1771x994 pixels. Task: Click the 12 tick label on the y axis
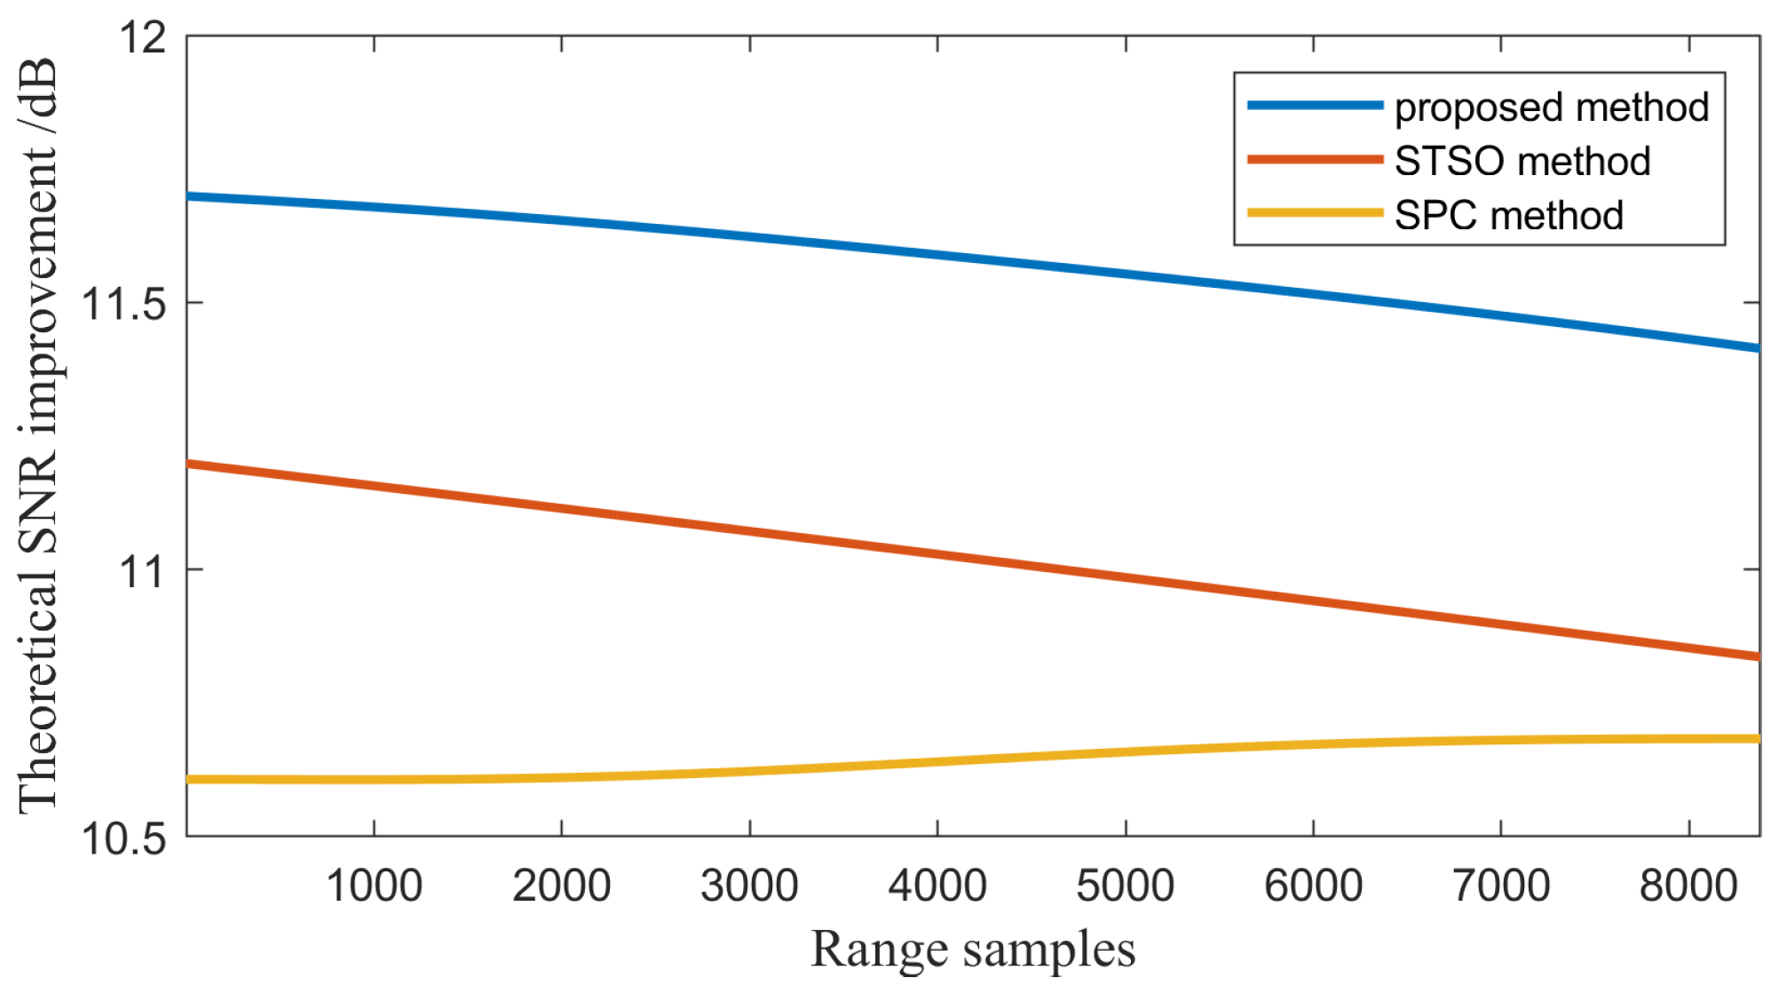tap(142, 38)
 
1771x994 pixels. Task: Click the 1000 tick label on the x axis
tap(374, 887)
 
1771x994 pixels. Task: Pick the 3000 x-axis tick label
tap(749, 887)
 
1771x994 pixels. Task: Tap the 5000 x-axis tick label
tap(1125, 887)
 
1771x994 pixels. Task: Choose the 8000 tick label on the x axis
tap(1688, 887)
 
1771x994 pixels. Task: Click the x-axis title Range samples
tap(973, 950)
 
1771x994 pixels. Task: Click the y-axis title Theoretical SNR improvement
tap(39, 435)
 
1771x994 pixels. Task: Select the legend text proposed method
tap(1551, 107)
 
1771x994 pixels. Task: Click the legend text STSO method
tap(1522, 162)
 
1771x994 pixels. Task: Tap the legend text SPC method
tap(1508, 216)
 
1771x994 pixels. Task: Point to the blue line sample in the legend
tap(1315, 106)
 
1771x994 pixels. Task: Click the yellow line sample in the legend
tap(1315, 213)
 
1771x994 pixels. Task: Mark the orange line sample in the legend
tap(1315, 160)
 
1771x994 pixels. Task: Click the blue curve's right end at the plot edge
tap(1757, 348)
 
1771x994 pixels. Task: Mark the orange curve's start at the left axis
tap(190, 464)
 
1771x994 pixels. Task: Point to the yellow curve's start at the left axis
tap(190, 779)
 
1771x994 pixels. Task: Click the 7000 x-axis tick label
tap(1500, 887)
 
